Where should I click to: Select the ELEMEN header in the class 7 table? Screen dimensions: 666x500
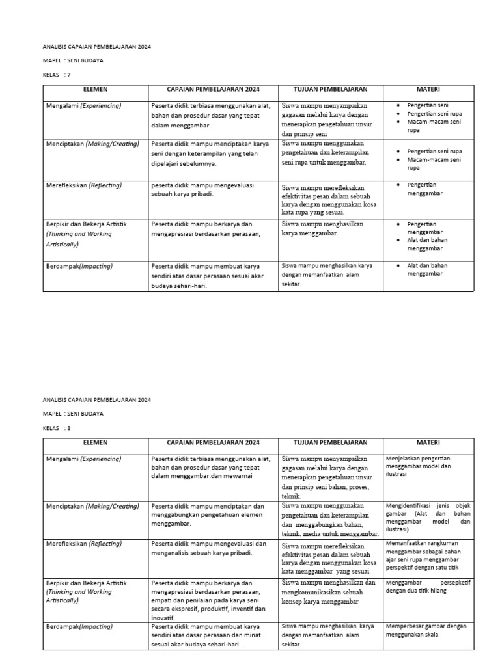click(x=95, y=90)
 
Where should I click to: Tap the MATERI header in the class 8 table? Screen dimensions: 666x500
click(x=428, y=443)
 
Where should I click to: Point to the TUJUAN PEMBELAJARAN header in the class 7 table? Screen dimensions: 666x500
click(x=330, y=90)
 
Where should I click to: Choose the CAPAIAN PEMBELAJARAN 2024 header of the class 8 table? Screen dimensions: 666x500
click(x=213, y=443)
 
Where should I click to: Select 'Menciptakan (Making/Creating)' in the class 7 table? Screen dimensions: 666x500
click(x=92, y=144)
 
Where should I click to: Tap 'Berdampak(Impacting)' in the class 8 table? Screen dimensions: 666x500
click(x=79, y=627)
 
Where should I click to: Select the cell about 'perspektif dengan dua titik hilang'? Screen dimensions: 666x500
click(x=428, y=587)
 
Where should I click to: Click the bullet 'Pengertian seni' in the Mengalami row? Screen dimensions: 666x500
click(x=428, y=105)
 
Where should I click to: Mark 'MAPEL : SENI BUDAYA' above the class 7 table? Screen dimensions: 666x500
click(x=73, y=60)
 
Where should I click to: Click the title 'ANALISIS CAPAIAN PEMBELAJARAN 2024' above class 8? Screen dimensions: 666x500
click(x=96, y=399)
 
